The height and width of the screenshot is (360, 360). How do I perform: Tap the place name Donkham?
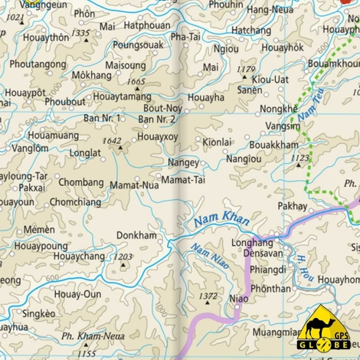coord(137,235)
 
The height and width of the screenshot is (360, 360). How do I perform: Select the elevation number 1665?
coord(137,81)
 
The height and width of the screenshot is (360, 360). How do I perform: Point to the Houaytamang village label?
coord(122,97)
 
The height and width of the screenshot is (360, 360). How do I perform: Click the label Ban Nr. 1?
coord(102,118)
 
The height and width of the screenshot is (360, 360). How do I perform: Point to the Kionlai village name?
coord(217,142)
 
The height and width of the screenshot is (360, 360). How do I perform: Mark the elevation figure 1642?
coord(112,140)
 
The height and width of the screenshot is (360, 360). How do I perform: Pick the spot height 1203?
coord(123,257)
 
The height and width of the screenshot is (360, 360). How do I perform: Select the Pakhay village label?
coord(293,206)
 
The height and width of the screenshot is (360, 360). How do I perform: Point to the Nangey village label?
coord(183,162)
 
